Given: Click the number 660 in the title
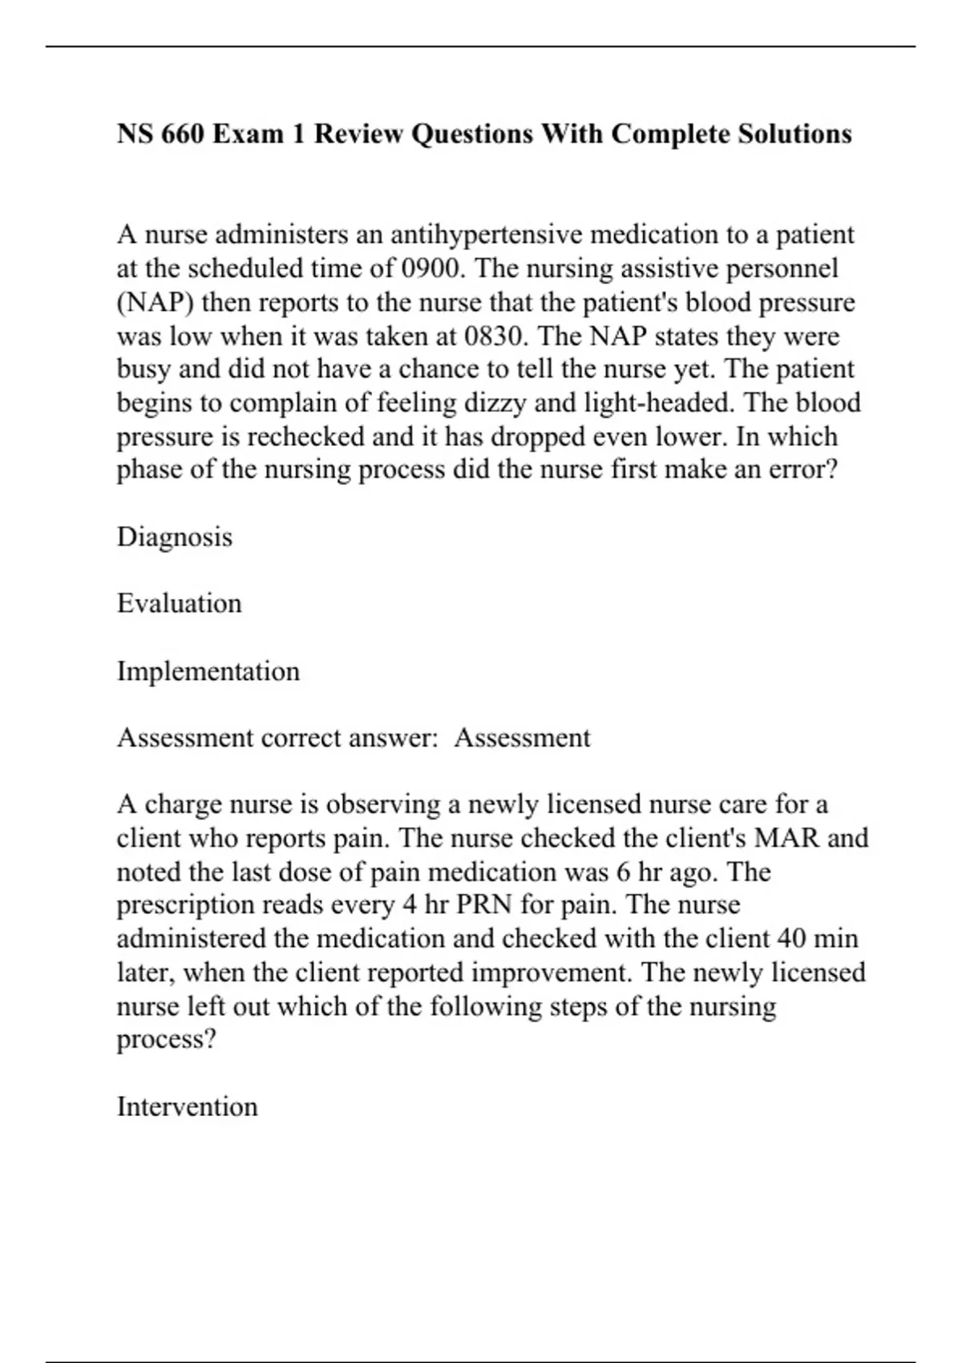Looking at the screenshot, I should (x=183, y=134).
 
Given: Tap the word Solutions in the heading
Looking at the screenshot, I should (x=794, y=134).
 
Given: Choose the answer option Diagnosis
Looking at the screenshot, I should (x=174, y=536).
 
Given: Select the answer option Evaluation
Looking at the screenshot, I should (x=179, y=603).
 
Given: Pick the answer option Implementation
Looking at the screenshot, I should (x=208, y=671).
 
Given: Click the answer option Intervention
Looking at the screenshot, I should (x=187, y=1106).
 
